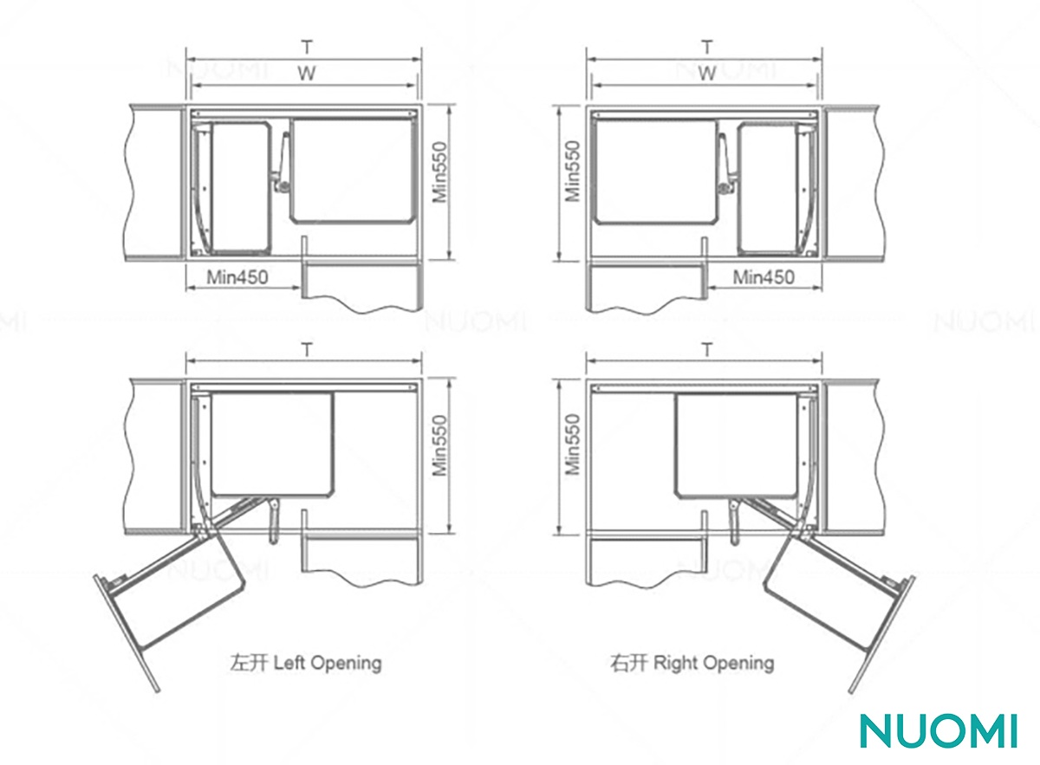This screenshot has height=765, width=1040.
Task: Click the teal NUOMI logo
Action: point(939,730)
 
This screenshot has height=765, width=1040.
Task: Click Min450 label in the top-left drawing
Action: point(237,277)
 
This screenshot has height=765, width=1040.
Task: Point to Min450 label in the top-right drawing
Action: point(764,277)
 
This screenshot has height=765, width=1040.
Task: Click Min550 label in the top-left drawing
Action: point(439,172)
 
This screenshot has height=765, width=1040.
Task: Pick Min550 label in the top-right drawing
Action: point(574,171)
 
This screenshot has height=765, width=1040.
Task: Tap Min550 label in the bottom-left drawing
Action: point(439,445)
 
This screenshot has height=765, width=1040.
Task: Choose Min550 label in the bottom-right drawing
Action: point(574,444)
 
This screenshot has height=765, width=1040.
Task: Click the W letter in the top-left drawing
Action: point(307,74)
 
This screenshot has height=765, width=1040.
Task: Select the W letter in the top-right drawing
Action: point(706,74)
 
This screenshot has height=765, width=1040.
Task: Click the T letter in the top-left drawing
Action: point(307,48)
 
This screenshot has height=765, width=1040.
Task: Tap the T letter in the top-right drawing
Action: point(706,48)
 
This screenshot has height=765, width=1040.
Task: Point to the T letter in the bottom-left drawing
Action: point(307,350)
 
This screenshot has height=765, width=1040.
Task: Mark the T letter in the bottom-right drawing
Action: point(706,350)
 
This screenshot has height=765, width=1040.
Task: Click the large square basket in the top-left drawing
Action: point(353,171)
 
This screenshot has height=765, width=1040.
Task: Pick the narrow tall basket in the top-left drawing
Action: point(241,188)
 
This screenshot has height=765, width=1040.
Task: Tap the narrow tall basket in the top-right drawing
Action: point(769,188)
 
